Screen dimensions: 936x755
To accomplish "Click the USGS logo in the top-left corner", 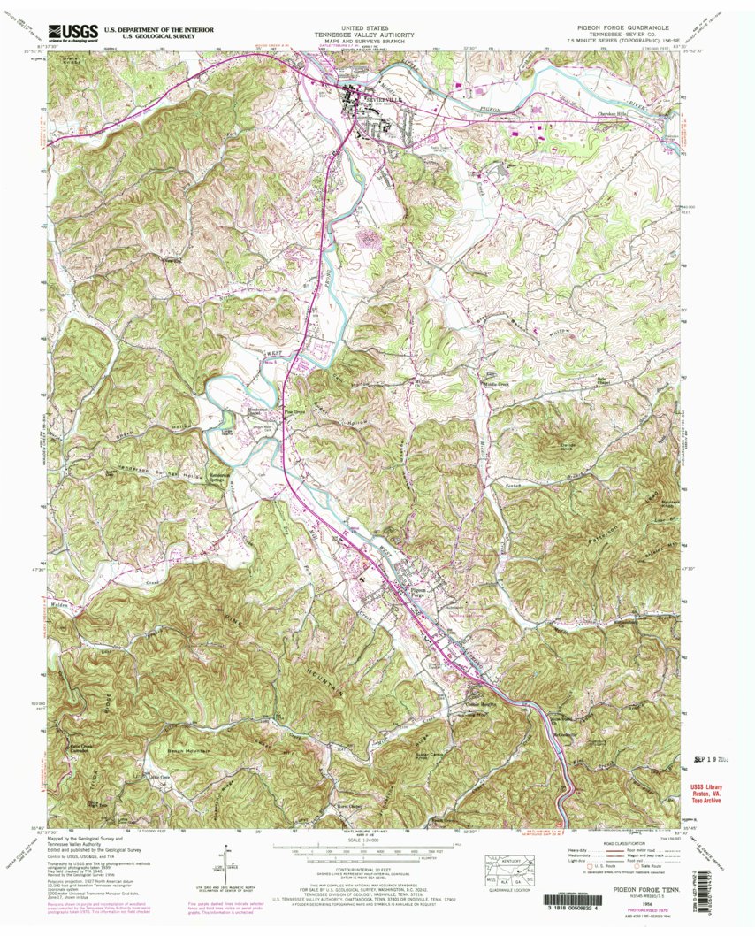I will [x=72, y=33].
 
